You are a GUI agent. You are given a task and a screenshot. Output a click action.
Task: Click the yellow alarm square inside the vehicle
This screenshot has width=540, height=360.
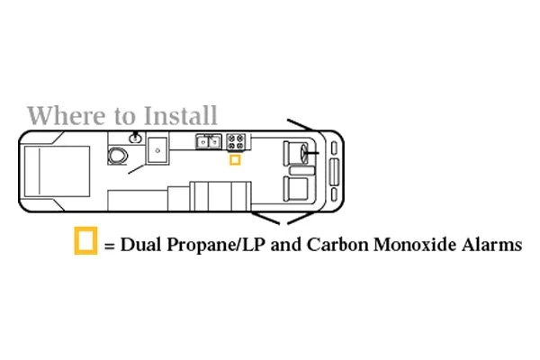point(235,160)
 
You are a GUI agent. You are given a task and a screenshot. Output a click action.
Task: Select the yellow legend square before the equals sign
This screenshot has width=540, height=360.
point(85,242)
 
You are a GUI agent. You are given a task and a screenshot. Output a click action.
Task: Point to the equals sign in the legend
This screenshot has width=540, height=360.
point(110,245)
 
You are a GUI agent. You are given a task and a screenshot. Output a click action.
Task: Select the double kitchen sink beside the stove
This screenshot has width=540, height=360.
point(210,140)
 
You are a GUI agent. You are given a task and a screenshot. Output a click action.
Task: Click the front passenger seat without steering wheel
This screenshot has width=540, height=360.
point(296,188)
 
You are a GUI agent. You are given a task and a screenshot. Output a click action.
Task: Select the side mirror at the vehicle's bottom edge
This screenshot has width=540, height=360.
point(274,219)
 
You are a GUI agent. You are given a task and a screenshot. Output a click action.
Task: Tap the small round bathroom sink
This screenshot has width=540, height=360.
point(135,138)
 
